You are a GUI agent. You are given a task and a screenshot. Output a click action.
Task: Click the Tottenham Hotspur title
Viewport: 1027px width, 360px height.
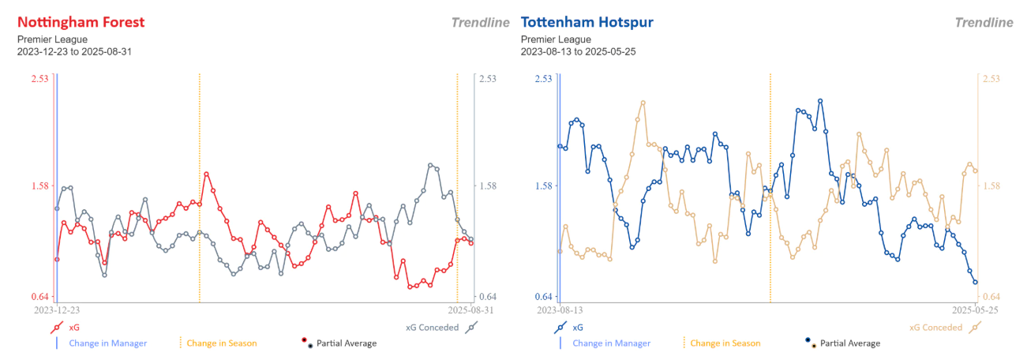(587, 22)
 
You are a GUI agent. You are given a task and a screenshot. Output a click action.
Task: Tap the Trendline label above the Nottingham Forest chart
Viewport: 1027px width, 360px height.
(480, 23)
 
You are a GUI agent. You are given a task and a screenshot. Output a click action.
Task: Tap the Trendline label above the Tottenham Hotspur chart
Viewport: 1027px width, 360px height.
(984, 23)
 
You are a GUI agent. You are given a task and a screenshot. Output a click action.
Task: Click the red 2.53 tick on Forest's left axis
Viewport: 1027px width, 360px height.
(39, 78)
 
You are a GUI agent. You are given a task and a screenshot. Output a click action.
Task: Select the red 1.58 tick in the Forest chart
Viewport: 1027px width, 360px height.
(39, 186)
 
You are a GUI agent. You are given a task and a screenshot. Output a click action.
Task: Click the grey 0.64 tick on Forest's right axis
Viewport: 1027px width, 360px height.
(487, 297)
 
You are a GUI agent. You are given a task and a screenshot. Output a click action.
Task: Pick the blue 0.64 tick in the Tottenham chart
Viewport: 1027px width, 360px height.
(543, 297)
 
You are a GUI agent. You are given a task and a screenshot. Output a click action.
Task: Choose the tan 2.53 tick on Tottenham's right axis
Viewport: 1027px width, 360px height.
(991, 78)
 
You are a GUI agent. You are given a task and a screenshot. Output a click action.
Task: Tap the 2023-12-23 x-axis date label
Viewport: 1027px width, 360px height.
(56, 311)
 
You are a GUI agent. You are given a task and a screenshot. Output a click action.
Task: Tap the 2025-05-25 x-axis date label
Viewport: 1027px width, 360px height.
(975, 311)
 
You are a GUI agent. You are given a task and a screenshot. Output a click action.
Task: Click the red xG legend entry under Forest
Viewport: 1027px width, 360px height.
(66, 327)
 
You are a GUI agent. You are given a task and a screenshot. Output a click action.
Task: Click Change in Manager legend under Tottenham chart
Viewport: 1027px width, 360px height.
(611, 343)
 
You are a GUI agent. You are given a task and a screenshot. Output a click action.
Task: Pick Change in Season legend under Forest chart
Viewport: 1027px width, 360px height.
(221, 343)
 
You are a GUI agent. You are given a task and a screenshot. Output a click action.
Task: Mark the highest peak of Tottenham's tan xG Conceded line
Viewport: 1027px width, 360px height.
(643, 102)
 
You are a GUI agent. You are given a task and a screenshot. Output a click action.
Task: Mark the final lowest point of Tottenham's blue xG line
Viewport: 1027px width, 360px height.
(975, 282)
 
